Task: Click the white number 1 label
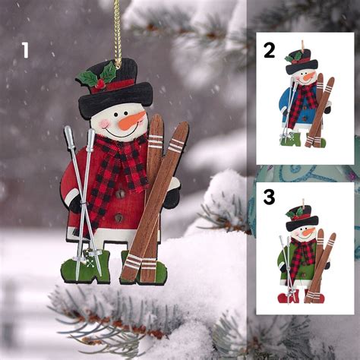(x=25, y=51)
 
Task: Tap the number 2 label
(x=269, y=50)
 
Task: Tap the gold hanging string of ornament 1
(x=118, y=30)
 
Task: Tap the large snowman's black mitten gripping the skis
(x=172, y=196)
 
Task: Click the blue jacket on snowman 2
(x=289, y=99)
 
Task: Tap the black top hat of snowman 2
(x=302, y=65)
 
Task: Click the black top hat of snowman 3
(x=302, y=220)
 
